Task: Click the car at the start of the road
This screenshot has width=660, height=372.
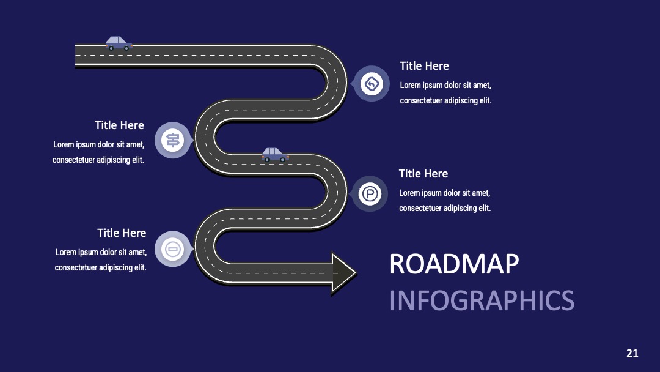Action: pos(119,43)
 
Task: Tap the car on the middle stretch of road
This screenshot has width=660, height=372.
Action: pos(275,155)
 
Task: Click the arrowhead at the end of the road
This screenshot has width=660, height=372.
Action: pos(343,273)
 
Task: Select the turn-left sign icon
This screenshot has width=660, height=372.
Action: pos(372,83)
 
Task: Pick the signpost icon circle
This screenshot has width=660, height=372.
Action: pos(172,140)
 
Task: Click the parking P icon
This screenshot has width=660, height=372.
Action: pos(370,194)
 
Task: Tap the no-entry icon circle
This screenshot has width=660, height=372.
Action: pos(172,249)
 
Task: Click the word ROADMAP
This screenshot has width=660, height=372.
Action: pos(454,264)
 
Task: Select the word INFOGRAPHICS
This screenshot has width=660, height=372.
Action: pos(482,300)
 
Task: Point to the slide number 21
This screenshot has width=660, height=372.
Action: pos(632,353)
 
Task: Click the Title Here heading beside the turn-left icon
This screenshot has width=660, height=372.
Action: pos(424,65)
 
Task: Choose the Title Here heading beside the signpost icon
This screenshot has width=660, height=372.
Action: pos(120,125)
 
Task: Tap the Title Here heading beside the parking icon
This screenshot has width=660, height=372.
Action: pos(424,174)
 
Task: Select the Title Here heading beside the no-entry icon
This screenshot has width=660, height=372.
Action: pos(122,233)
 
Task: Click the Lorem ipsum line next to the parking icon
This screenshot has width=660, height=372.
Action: pos(444,193)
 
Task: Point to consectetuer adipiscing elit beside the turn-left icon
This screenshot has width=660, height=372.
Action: pos(446,101)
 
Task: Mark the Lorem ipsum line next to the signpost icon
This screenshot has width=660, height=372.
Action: pos(99,144)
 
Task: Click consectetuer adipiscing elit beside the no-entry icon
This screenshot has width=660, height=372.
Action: pos(101,267)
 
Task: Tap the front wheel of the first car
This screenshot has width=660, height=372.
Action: pos(126,48)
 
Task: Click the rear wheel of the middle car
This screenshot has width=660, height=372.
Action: pos(267,160)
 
